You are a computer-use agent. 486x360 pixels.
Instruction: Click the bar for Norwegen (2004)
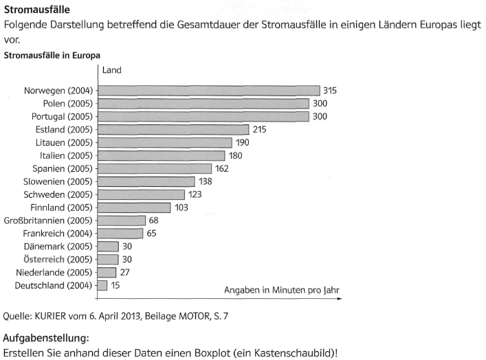tap(208, 90)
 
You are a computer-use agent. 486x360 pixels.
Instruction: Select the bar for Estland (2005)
tap(173, 129)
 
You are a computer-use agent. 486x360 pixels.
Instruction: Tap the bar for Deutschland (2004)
tap(102, 285)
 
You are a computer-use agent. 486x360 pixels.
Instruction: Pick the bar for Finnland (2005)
tap(133, 207)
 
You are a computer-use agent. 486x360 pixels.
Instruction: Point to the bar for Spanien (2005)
tap(154, 168)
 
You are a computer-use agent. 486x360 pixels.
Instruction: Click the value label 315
tap(331, 90)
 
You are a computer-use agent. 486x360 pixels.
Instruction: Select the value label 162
tap(221, 168)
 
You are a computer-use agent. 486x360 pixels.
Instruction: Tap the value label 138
tap(205, 181)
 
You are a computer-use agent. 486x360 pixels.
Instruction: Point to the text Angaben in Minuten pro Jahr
tap(282, 290)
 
